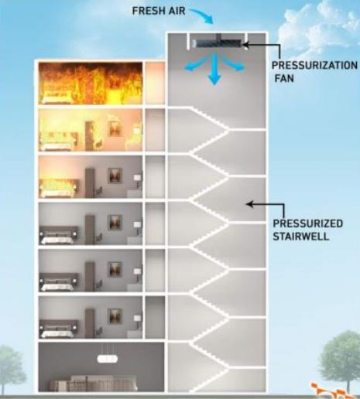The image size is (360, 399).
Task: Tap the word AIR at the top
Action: pyautogui.click(x=177, y=11)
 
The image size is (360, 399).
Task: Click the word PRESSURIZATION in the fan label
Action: pyautogui.click(x=315, y=65)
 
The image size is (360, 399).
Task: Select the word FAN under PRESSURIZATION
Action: pyautogui.click(x=284, y=78)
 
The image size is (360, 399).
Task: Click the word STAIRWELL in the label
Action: pyautogui.click(x=301, y=237)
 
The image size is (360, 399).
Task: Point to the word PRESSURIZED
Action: pyautogui.click(x=308, y=223)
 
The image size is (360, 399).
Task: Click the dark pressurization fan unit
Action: pyautogui.click(x=219, y=43)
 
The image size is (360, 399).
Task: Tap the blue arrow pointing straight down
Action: pyautogui.click(x=214, y=70)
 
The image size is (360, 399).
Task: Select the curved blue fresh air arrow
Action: pyautogui.click(x=202, y=15)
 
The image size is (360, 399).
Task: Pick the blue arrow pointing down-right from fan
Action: pyautogui.click(x=234, y=64)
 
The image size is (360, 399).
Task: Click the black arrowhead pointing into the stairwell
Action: pyautogui.click(x=249, y=204)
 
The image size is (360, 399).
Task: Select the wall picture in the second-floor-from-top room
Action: pyautogui.click(x=115, y=129)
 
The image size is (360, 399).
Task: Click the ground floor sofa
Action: pyautogui.click(x=93, y=384)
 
